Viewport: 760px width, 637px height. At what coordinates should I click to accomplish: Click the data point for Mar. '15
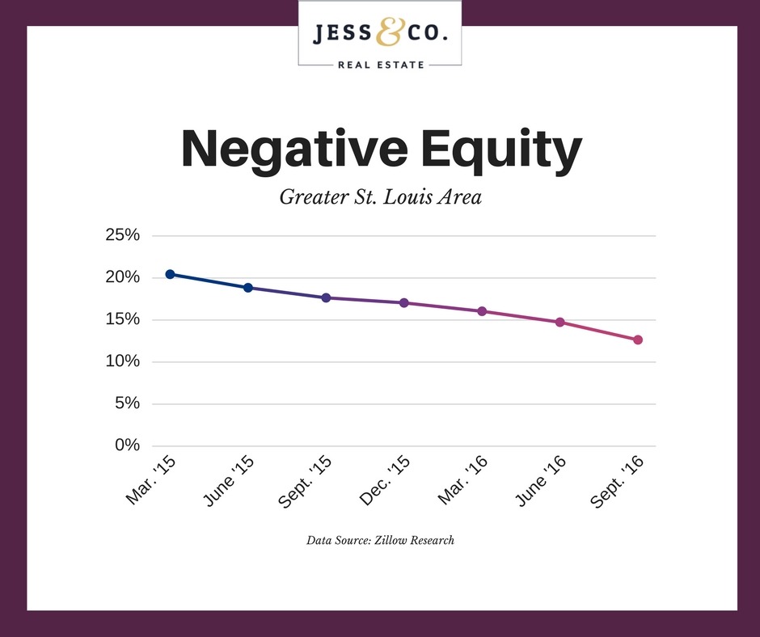point(170,274)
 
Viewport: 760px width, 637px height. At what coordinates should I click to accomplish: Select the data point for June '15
point(248,288)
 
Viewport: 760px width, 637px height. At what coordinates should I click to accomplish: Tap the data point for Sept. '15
point(326,297)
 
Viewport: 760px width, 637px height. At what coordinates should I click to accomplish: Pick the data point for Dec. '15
point(404,303)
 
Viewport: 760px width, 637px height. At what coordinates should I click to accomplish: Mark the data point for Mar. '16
point(482,311)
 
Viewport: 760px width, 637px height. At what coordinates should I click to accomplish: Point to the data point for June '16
point(559,322)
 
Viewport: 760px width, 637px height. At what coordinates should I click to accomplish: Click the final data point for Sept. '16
point(638,340)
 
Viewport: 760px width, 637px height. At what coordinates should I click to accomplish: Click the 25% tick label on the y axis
point(123,235)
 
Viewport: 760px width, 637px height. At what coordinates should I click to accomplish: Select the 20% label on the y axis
point(123,277)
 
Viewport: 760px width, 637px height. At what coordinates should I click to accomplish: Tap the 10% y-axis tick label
point(123,361)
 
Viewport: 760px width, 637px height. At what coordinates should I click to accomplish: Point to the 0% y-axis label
point(128,445)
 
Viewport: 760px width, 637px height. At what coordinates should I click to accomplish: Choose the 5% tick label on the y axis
point(128,403)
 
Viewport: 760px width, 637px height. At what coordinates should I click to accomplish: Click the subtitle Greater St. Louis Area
point(380,196)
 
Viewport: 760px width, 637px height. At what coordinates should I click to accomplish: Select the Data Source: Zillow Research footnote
point(380,540)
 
